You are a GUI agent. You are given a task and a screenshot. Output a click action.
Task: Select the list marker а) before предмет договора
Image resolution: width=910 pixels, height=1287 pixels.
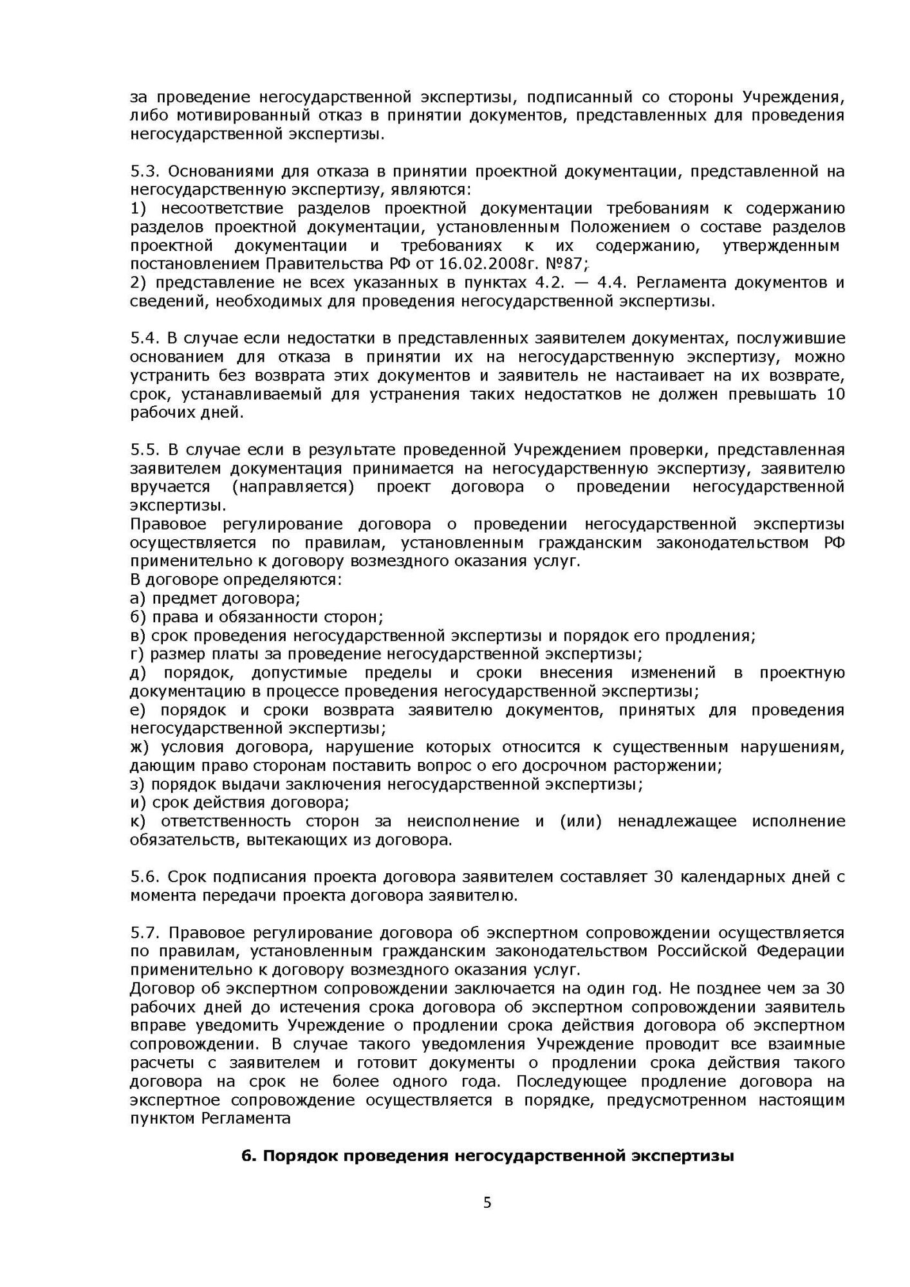pos(138,598)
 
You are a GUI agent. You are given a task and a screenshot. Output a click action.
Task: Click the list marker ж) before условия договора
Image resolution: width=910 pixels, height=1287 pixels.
pos(140,747)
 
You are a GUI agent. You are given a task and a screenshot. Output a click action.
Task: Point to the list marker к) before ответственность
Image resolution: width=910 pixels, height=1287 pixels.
pos(138,821)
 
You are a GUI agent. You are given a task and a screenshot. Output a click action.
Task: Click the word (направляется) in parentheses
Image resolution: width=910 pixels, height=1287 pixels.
pos(293,487)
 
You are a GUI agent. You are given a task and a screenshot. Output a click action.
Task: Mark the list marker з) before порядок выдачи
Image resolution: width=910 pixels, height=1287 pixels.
pos(138,784)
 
